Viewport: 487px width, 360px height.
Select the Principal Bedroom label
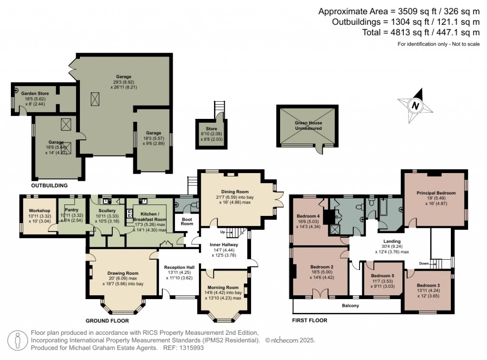(436, 193)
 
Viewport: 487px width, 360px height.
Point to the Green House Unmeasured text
(308, 126)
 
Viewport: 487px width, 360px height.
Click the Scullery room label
(107, 211)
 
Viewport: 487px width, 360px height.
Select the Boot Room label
(186, 222)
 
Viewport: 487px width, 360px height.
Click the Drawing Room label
(122, 273)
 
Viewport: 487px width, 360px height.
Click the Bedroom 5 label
(382, 276)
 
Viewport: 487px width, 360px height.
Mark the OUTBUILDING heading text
(49, 185)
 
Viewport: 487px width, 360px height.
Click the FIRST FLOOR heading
(309, 321)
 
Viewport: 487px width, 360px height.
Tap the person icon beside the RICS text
(18, 341)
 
